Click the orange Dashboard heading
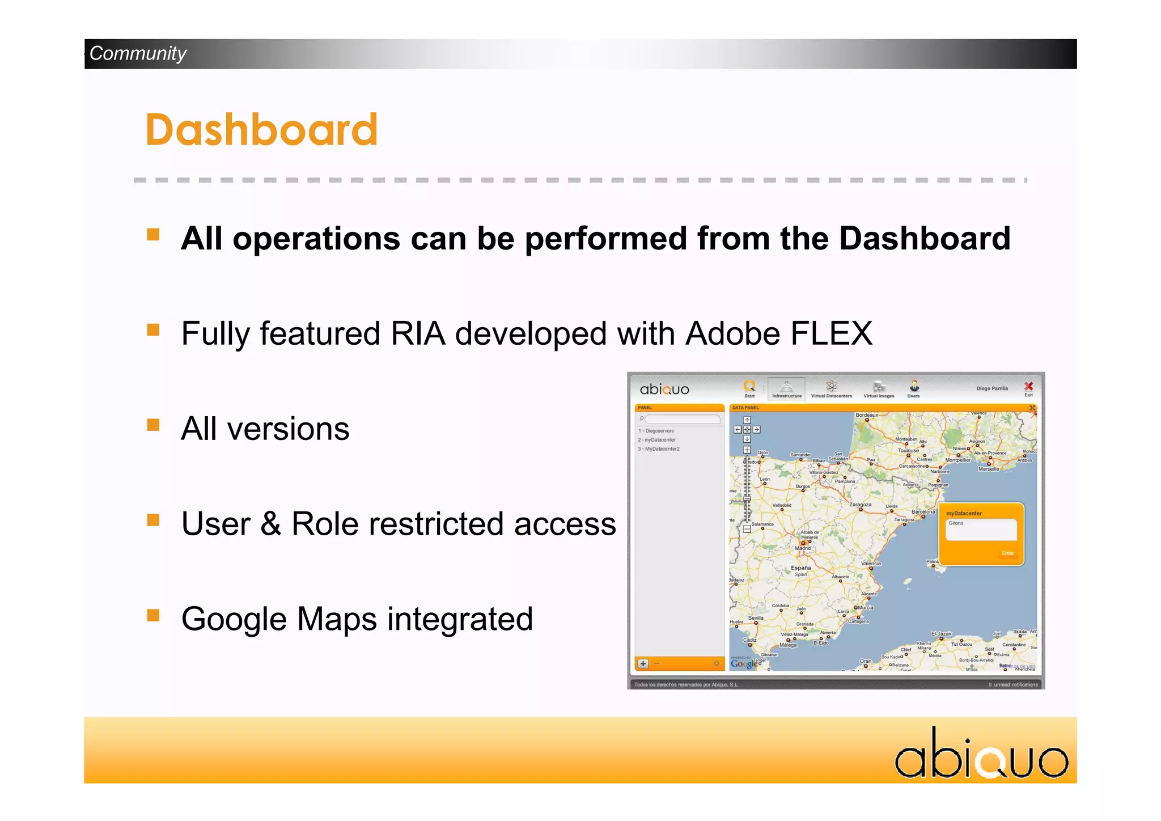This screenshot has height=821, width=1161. [x=261, y=130]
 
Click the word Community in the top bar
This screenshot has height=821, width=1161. [x=138, y=53]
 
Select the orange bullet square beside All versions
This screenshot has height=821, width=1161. [x=153, y=425]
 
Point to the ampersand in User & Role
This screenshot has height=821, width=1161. [x=270, y=524]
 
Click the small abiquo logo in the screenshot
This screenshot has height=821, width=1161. [x=664, y=390]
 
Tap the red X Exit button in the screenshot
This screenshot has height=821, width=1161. [x=1028, y=387]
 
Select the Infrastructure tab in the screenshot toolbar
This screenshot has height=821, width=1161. [x=786, y=390]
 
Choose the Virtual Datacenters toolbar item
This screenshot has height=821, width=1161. [x=831, y=390]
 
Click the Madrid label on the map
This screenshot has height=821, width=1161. [x=802, y=548]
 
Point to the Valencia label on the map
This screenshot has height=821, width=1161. [x=871, y=564]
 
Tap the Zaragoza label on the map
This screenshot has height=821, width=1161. [x=860, y=504]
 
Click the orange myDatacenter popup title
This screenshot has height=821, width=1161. [x=964, y=513]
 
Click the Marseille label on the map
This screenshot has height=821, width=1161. [x=989, y=469]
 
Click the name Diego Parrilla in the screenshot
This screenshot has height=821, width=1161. [x=991, y=388]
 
